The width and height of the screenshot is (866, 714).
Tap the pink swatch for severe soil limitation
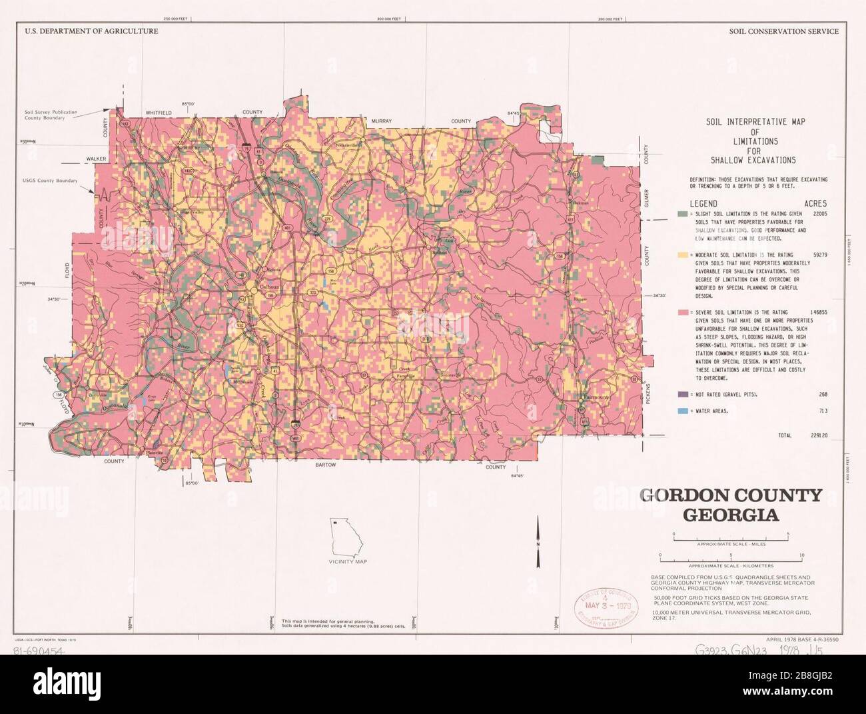[681, 312]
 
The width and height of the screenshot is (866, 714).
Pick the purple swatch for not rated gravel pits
[681, 394]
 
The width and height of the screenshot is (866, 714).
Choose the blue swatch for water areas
[681, 411]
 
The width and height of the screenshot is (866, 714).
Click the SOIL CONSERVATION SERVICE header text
[783, 49]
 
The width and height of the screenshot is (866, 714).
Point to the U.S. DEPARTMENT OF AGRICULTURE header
[92, 49]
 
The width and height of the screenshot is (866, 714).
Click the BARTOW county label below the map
[326, 465]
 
